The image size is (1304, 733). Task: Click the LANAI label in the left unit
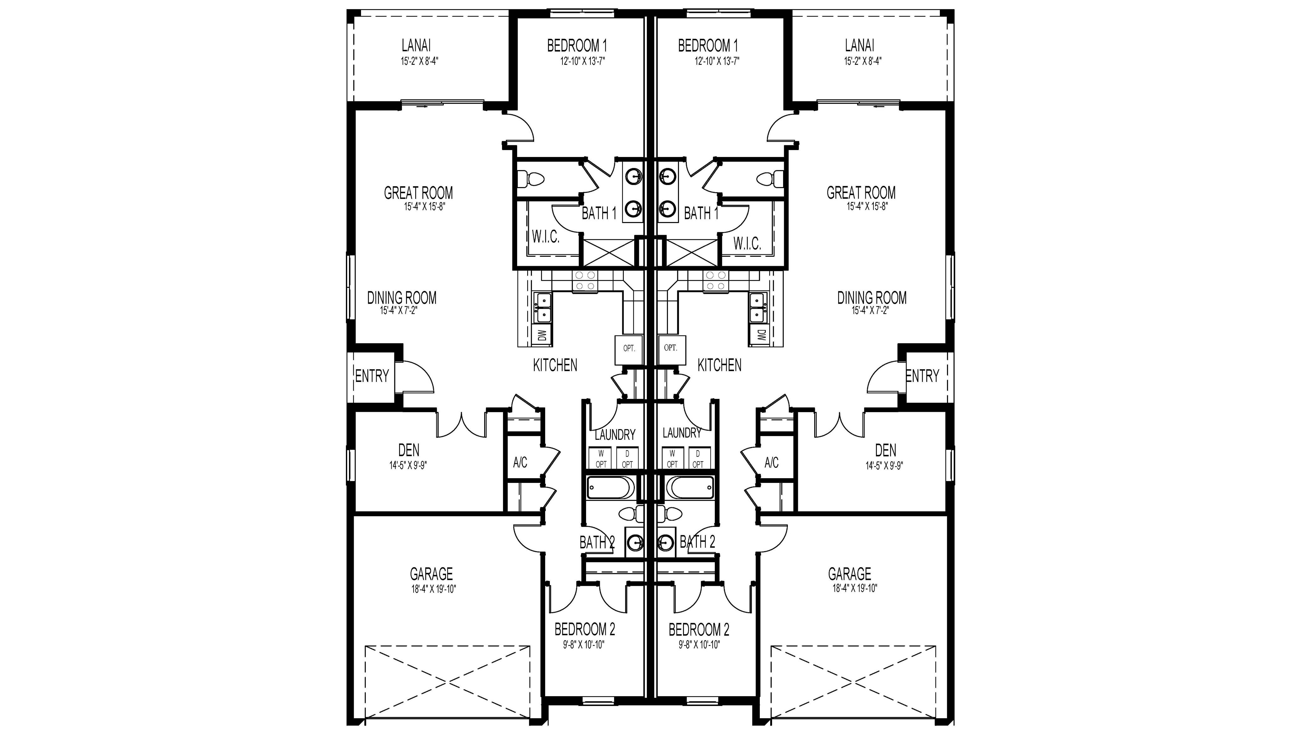[x=416, y=46]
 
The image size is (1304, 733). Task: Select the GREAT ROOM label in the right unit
[x=861, y=193]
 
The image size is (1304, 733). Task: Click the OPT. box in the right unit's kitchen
[x=671, y=349]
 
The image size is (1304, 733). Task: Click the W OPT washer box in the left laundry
[x=601, y=459]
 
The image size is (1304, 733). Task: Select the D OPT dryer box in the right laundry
[x=698, y=459]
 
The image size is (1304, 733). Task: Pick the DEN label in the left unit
[x=409, y=450]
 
